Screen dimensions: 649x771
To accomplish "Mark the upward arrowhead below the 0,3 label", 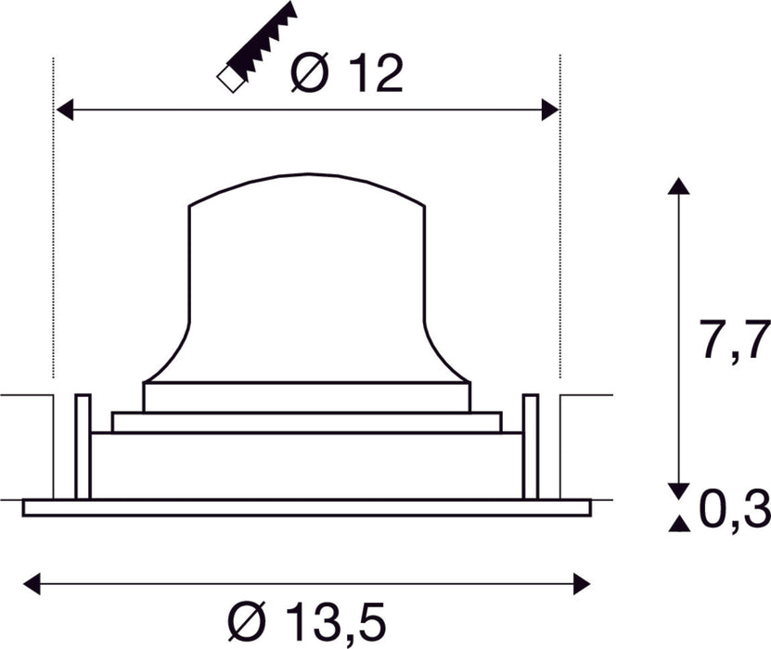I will pyautogui.click(x=679, y=526).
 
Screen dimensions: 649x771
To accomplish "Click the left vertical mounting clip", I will pyautogui.click(x=83, y=447).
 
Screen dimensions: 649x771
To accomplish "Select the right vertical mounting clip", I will pyautogui.click(x=531, y=447).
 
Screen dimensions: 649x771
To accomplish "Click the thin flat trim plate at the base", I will pyautogui.click(x=306, y=507).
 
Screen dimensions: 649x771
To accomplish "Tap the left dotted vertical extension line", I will pyautogui.click(x=54, y=232).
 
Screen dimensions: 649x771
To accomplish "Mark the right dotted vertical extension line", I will pyautogui.click(x=559, y=232).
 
